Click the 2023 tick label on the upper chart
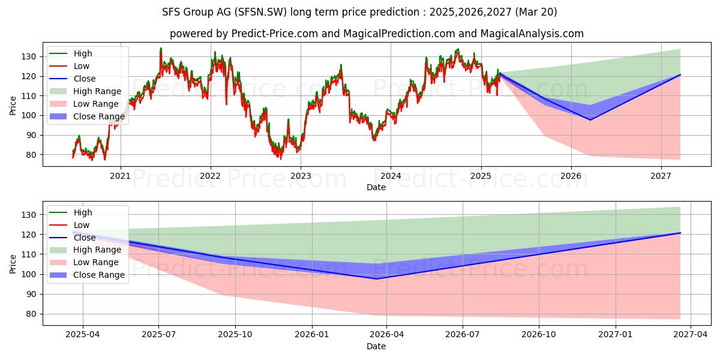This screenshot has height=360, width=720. point(301,176)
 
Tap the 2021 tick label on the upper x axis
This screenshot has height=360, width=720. point(121,176)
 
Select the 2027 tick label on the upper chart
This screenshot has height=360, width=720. point(661,176)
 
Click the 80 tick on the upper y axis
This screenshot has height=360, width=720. point(32,155)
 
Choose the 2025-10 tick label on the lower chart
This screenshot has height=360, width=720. point(235,335)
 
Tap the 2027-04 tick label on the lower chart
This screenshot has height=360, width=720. point(691,335)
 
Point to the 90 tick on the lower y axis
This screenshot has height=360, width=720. point(32,294)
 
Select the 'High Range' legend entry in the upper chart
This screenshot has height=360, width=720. point(97,91)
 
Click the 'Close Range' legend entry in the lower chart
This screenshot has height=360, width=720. point(98,275)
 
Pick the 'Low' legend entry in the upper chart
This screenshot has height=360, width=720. point(82,66)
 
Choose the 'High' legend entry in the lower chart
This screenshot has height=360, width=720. point(83,212)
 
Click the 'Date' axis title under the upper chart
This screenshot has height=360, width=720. point(376,188)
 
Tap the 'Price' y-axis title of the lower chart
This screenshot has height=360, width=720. point(13,263)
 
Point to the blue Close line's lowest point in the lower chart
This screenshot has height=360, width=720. point(376,278)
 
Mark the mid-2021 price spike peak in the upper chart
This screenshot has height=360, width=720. point(161,49)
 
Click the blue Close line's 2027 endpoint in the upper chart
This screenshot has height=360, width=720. point(680,74)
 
